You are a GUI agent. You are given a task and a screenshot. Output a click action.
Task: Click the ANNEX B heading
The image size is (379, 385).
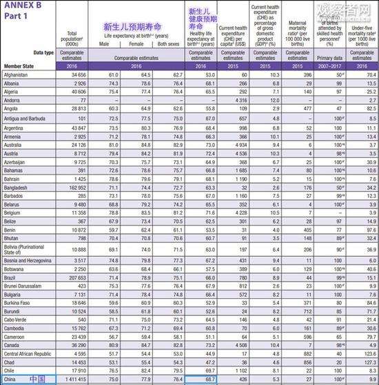coord(21,6)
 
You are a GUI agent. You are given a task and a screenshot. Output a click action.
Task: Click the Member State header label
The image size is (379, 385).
coord(19,66)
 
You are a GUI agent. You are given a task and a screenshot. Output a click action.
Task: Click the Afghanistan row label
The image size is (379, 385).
coord(16,74)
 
